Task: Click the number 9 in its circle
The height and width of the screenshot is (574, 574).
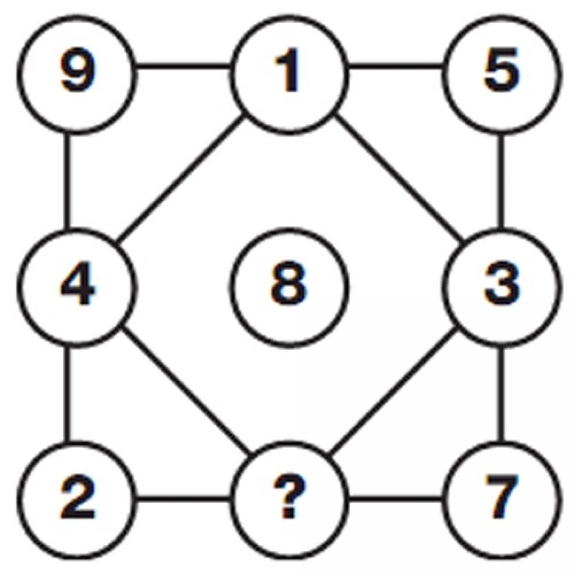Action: [77, 72]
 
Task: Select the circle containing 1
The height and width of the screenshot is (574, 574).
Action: [288, 72]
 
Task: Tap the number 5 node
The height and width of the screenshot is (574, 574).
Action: [500, 72]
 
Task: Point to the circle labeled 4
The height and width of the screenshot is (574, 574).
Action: [77, 286]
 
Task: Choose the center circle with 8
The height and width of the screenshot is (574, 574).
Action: [288, 286]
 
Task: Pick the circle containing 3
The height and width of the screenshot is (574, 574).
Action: [500, 286]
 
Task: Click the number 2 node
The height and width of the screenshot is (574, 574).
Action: [77, 500]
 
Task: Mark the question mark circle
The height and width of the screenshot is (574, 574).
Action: [288, 500]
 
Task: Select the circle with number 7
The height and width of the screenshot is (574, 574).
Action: [500, 500]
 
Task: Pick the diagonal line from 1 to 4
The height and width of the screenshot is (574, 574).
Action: [179, 179]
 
